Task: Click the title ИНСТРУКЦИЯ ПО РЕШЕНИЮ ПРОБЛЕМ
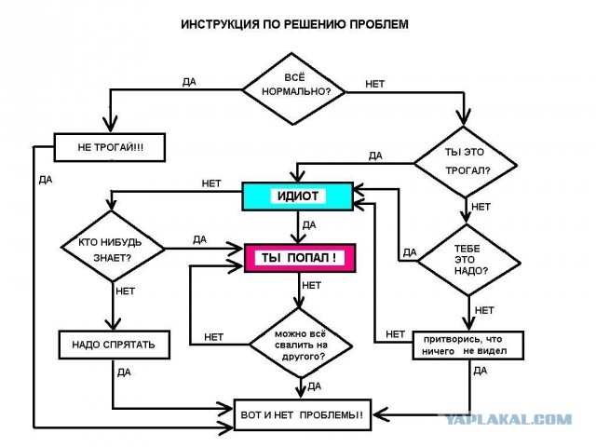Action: coord(294,24)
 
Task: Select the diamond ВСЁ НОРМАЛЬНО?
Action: coord(294,89)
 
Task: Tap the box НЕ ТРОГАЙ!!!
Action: coord(110,147)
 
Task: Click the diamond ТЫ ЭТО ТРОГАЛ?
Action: coord(466,162)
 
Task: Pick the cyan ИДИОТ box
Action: coord(298,196)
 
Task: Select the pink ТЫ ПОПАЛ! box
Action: coord(300,258)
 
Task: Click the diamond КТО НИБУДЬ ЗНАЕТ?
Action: coord(113,247)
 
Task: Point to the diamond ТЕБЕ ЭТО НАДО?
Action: coord(468,260)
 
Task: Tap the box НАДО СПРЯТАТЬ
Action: coord(114,345)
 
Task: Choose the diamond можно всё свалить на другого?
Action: coord(300,344)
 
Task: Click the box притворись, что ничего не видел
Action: coord(468,345)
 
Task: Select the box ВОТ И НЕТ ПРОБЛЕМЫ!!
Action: coord(302,414)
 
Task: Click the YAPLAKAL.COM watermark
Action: coord(508,419)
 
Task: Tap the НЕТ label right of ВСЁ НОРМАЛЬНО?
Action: coord(374,84)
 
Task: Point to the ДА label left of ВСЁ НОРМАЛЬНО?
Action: coord(189,82)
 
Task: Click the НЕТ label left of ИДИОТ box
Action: coord(211,183)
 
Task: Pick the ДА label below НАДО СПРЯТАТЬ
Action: coord(124,372)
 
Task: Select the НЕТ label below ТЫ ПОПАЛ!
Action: coord(311,285)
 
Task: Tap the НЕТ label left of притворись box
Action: coord(395,334)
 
